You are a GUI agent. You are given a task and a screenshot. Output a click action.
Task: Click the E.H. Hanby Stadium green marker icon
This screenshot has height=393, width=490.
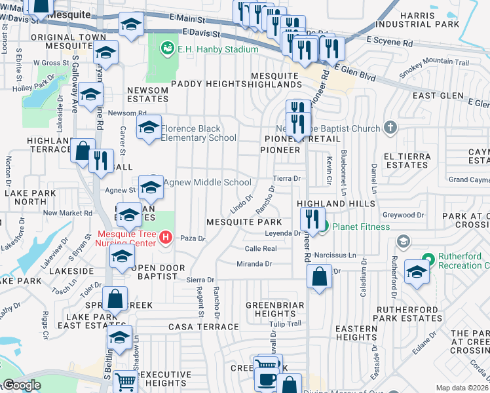click(x=167, y=48)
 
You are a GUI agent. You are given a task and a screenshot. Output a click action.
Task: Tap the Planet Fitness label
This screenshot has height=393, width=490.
click(x=360, y=227)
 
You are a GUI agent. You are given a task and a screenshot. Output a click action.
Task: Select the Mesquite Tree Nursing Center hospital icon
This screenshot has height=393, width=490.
click(x=166, y=238)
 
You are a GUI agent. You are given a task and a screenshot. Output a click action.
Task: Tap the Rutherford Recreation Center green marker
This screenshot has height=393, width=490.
click(x=429, y=259)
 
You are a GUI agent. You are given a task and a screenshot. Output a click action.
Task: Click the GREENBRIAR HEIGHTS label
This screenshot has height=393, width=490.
click(x=275, y=310)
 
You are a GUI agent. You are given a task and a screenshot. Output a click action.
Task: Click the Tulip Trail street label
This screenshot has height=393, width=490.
click(x=286, y=324)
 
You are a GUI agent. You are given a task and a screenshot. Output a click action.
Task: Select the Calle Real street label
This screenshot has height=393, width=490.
click(x=261, y=249)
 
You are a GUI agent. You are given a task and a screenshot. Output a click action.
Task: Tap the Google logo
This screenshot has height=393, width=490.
click(x=22, y=384)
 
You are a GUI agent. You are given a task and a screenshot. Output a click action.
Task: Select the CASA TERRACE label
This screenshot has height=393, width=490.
click(x=195, y=326)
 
